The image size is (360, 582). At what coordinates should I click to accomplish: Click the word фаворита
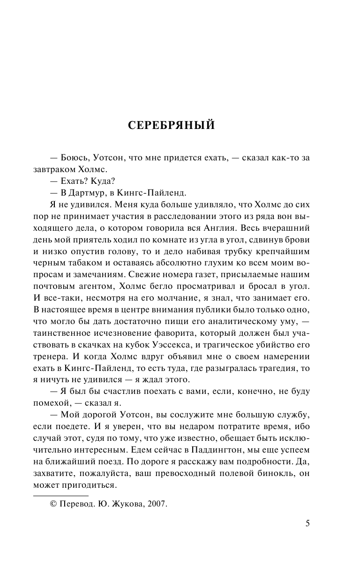[173, 333]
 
